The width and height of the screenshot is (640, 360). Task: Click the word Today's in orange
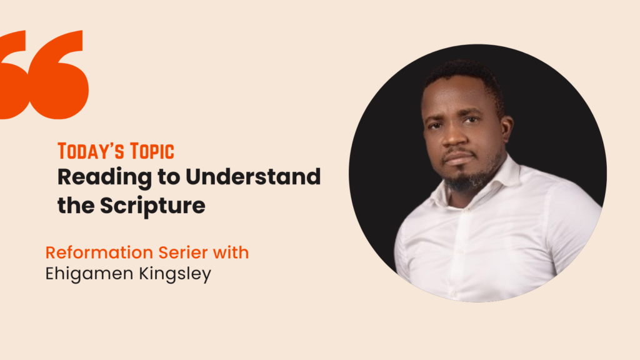(91, 151)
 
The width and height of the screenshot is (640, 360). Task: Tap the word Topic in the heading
(152, 151)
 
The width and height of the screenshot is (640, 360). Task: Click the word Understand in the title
(253, 176)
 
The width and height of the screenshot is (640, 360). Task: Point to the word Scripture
(152, 206)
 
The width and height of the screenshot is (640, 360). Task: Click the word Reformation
(99, 252)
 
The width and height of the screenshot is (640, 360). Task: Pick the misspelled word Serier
(183, 252)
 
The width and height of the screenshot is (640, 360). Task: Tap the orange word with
(231, 252)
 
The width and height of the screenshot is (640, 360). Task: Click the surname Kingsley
(175, 274)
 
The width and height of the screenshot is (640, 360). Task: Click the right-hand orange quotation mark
(60, 75)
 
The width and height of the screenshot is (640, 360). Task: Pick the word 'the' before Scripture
(76, 205)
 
